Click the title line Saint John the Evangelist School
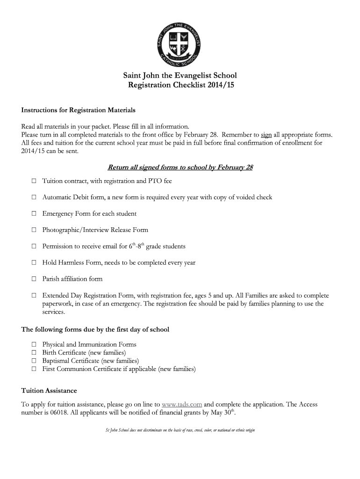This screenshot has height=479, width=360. [180, 75]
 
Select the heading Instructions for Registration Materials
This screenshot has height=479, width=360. [78, 110]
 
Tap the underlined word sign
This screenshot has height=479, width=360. [266, 134]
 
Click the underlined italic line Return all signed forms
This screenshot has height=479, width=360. [180, 167]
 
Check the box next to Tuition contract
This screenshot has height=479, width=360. [34, 181]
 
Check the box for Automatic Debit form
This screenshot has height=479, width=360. [34, 197]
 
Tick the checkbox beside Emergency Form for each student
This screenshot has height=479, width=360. [34, 214]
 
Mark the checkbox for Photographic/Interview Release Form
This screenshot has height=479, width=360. [34, 230]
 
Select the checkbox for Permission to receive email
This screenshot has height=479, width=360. [34, 246]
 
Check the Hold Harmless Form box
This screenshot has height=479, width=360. [34, 262]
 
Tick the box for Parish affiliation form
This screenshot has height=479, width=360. [34, 279]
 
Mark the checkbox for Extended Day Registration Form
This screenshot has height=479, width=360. [34, 296]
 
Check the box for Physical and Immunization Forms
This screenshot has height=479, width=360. [34, 345]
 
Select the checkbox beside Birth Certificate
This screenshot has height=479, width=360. [34, 353]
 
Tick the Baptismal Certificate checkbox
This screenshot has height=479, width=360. [34, 361]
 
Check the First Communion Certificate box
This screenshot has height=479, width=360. [34, 369]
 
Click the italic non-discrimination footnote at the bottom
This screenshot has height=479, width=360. [180, 430]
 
